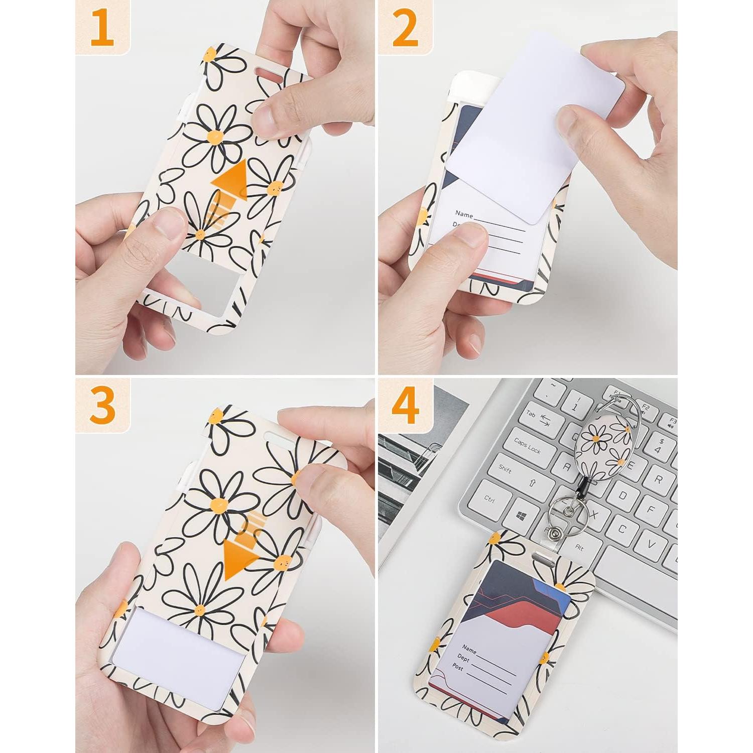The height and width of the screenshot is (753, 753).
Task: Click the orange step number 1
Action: coord(102,29)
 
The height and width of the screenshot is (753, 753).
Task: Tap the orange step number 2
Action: coord(405,29)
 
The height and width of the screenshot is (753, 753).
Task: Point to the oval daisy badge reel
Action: coord(604,445)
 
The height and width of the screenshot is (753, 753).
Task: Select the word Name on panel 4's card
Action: coord(469,648)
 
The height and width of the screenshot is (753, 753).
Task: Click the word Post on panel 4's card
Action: coord(457,667)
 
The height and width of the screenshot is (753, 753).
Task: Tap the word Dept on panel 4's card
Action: coord(463,658)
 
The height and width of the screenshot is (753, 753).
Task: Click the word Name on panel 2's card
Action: coord(464,214)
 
